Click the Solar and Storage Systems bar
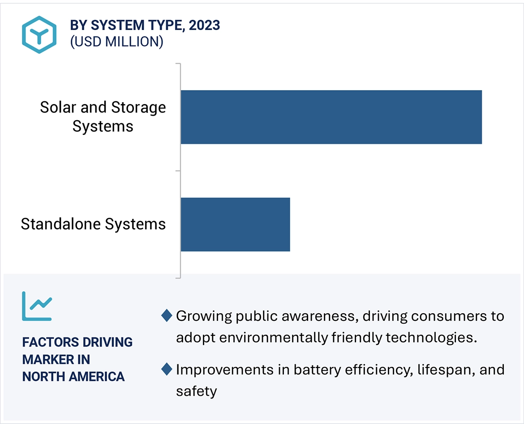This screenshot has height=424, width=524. pos(331,117)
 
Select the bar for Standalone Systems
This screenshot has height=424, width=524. pos(235,224)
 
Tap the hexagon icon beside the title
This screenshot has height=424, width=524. pos(39,35)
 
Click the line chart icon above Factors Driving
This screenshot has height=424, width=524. pos(37,306)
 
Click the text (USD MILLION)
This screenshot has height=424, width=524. pos(116,42)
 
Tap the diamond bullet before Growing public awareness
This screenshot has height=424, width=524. pos(167,316)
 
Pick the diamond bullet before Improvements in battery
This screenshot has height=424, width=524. pos(167,369)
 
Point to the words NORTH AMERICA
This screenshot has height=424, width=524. pos(73,376)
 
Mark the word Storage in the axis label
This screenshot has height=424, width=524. pos(138,108)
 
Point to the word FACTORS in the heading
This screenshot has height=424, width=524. pos(47,342)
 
